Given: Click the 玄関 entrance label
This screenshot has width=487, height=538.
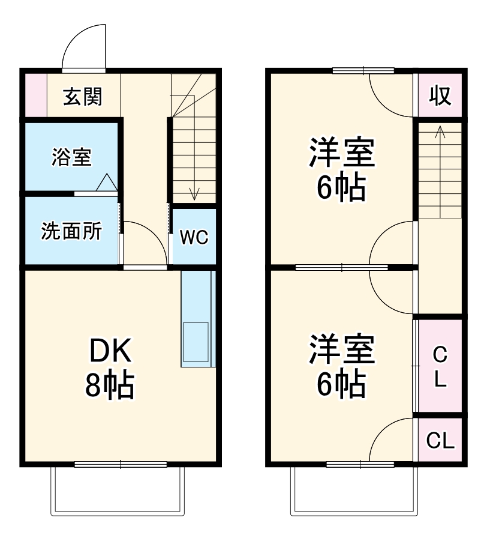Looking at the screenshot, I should point(83,96).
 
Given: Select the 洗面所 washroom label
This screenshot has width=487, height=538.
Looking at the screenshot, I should point(71,231).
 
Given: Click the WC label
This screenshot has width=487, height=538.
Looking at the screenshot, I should point(194,238).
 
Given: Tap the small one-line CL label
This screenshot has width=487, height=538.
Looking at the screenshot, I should point(440,441).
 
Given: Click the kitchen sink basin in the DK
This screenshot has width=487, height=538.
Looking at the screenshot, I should point(196,341).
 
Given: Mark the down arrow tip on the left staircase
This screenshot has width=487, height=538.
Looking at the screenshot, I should point(194,198).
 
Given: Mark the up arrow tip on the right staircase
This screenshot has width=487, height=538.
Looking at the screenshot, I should point(440,127).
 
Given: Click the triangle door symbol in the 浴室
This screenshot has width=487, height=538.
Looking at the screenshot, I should point(106,183).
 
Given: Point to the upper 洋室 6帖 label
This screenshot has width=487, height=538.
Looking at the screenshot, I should point(341,170).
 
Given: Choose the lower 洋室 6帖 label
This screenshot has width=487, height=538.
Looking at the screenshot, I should point(341,366).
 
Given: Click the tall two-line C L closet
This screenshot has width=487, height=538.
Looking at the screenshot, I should point(440,366).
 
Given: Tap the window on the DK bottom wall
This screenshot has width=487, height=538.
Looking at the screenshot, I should point(121,464).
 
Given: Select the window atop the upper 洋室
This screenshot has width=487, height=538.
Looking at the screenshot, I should point(363,71).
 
